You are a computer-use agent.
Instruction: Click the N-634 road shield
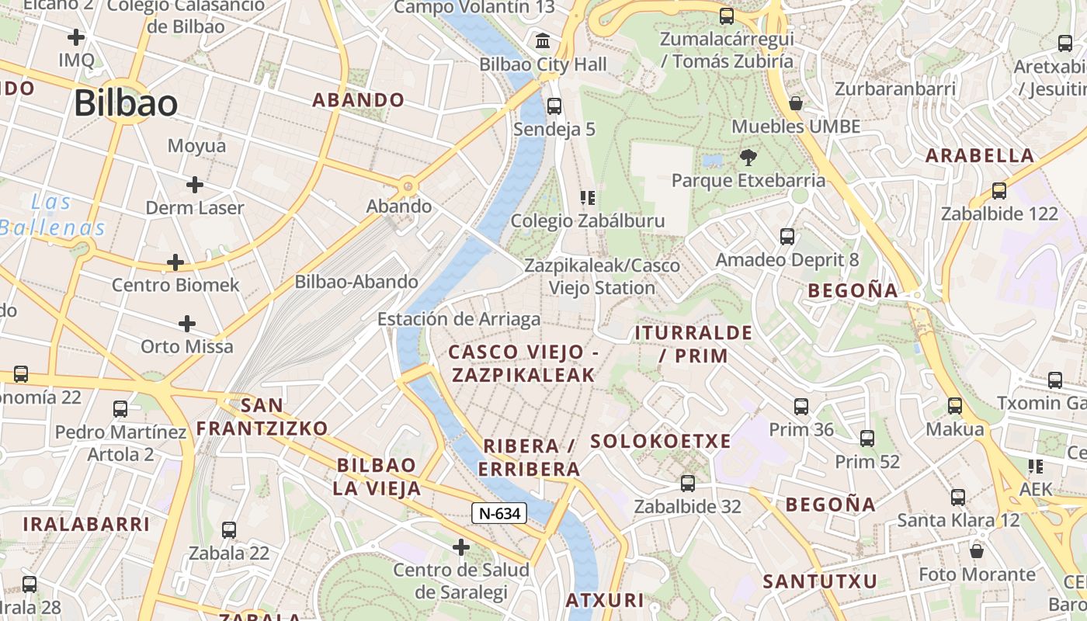pos(498,513)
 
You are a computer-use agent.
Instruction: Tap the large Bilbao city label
pos(126,103)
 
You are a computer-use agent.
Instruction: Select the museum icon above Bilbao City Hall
pos(543,40)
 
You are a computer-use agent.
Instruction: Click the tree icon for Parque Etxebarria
pos(748,158)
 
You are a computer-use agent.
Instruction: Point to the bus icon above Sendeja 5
pos(554,106)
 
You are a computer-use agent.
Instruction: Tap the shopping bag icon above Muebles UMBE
pos(796,103)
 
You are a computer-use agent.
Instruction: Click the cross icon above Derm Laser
pos(195,185)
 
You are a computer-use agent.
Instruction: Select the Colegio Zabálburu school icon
pos(588,198)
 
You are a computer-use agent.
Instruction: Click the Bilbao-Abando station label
pos(356,282)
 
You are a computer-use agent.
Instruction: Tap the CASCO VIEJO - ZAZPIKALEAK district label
pos(523,363)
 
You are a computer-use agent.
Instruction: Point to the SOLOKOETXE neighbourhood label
pos(661,442)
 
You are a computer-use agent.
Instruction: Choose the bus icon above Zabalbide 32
pos(687,484)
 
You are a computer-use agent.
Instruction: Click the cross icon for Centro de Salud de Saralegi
pos(461,548)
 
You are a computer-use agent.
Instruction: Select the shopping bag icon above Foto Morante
pos(977,551)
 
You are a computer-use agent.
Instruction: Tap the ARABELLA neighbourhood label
pos(980,155)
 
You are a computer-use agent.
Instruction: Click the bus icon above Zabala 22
pos(229,530)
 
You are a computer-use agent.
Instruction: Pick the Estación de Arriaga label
pos(458,319)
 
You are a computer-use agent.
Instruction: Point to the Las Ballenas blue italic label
pos(53,215)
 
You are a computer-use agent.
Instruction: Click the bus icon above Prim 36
pos(801,407)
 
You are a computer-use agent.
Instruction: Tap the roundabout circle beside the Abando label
pos(408,186)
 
